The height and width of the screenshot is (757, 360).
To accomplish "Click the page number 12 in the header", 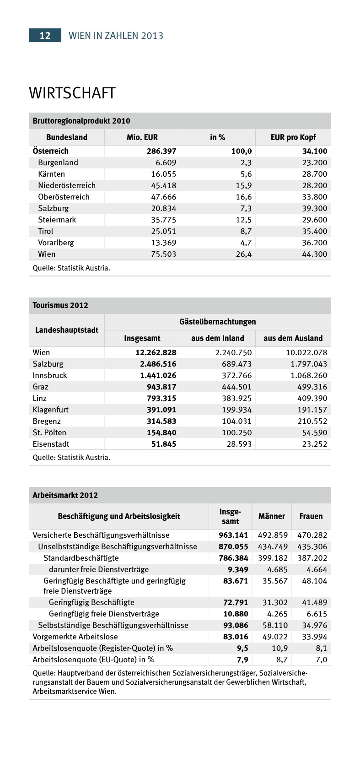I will click(45, 36).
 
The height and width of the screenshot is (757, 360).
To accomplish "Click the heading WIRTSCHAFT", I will click(72, 93).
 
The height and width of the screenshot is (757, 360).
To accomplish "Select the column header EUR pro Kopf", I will click(293, 137).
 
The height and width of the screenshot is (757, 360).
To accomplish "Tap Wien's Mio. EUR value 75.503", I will click(163, 254).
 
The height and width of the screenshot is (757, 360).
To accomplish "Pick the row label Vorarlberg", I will click(56, 243).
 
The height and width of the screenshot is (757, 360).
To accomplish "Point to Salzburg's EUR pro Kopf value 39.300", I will click(314, 208).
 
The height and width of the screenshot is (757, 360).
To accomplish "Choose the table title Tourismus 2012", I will click(60, 305).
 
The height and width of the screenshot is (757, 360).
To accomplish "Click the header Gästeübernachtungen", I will click(218, 322).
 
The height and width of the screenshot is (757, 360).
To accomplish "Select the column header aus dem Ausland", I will click(293, 338).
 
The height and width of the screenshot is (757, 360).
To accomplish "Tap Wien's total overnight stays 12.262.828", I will click(156, 352).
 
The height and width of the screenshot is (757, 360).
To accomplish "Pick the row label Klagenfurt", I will click(51, 410).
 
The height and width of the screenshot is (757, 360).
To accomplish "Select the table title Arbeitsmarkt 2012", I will click(65, 495).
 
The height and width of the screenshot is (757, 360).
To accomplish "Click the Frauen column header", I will click(311, 516).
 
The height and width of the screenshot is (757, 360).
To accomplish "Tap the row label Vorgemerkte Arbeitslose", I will click(75, 637).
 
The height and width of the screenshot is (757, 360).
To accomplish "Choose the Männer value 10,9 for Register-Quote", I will click(280, 648).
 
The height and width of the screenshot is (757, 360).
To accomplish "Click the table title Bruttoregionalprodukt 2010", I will click(81, 121).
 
